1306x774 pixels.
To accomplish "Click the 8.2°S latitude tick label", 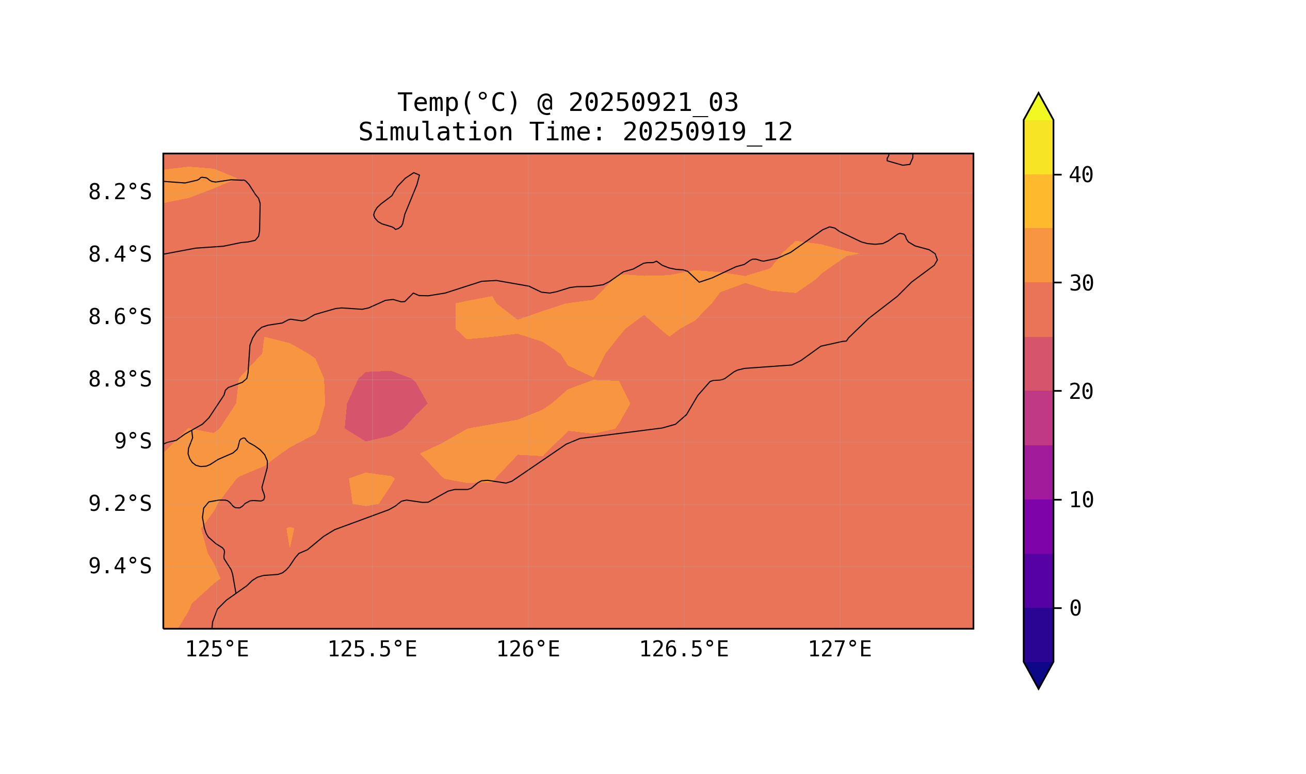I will pyautogui.click(x=119, y=192).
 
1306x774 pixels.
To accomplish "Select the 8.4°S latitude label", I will pyautogui.click(x=119, y=255).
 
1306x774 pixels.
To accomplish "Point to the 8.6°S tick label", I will pyautogui.click(x=119, y=317).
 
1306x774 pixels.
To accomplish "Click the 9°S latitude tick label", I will pyautogui.click(x=133, y=442).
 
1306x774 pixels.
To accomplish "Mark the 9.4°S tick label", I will pyautogui.click(x=119, y=567).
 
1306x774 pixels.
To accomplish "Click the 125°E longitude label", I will pyautogui.click(x=217, y=650).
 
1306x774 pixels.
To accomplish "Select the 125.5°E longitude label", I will pyautogui.click(x=372, y=650).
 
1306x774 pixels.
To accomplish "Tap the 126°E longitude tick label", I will pyautogui.click(x=528, y=650).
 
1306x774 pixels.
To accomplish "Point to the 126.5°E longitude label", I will pyautogui.click(x=683, y=650).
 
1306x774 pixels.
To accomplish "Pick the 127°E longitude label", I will pyautogui.click(x=839, y=650).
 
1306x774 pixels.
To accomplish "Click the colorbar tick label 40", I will pyautogui.click(x=1081, y=175).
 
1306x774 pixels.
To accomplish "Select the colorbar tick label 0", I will pyautogui.click(x=1075, y=608).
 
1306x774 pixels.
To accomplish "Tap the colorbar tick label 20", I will pyautogui.click(x=1081, y=392).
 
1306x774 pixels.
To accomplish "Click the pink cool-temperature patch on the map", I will pyautogui.click(x=384, y=406).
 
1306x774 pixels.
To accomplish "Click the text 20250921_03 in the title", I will pyautogui.click(x=653, y=103).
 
